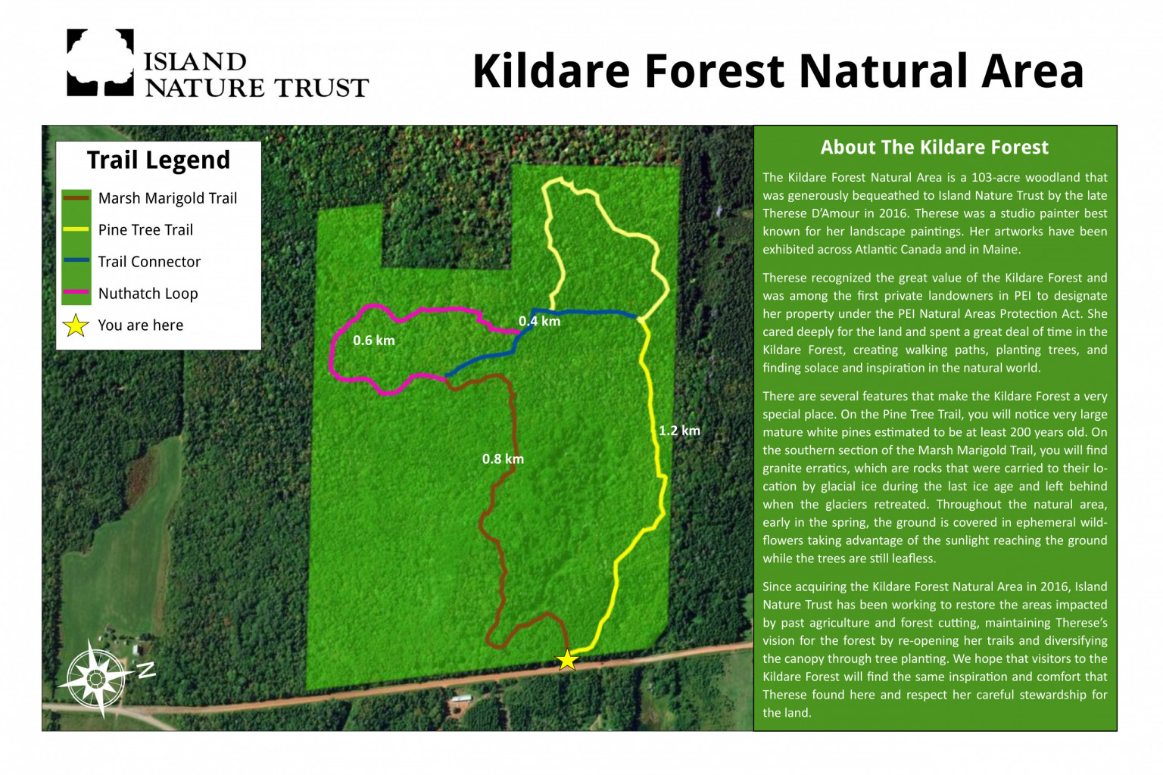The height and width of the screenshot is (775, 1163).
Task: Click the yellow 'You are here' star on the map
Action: (567, 660)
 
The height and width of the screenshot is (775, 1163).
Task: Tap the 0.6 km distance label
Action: (374, 341)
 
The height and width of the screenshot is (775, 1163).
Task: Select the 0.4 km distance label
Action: (539, 322)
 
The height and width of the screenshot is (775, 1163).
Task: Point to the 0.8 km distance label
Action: (503, 459)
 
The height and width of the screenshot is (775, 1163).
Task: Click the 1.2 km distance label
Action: (679, 431)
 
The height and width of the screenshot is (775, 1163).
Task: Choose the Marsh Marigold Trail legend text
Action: (167, 198)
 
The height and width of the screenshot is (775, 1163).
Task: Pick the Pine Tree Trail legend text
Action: (145, 230)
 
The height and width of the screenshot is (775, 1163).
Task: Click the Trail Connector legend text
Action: (149, 262)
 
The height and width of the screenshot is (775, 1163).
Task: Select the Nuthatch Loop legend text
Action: (148, 294)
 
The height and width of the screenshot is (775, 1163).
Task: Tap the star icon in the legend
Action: (76, 325)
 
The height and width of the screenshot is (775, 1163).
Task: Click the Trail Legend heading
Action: (158, 160)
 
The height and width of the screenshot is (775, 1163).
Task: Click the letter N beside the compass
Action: (146, 670)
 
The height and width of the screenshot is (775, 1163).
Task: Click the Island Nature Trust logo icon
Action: (100, 62)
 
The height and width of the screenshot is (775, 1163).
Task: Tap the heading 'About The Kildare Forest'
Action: (934, 148)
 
